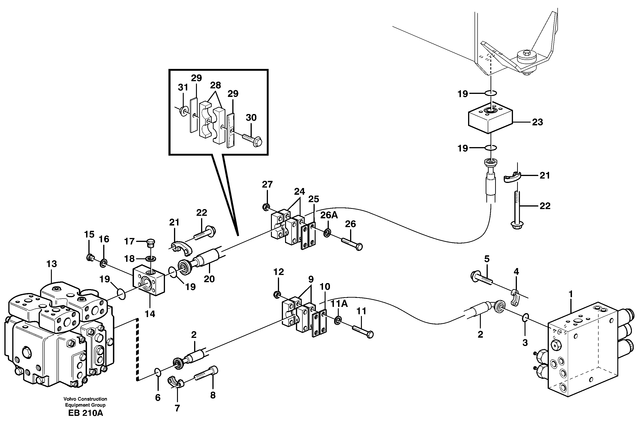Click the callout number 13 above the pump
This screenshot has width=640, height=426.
tap(52, 264)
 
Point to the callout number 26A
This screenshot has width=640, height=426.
tap(329, 215)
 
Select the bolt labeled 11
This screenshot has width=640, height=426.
tap(363, 331)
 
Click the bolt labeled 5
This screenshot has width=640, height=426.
tap(481, 279)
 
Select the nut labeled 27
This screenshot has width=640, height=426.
tap(266, 207)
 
